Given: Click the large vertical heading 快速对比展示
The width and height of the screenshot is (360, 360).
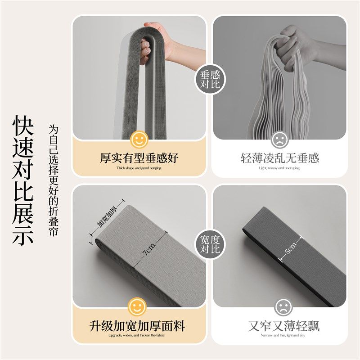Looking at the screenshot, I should (x=23, y=180).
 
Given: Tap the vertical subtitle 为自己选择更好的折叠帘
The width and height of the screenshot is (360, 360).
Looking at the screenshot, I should (x=54, y=180).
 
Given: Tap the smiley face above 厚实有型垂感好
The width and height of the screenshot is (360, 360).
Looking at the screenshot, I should (x=139, y=139).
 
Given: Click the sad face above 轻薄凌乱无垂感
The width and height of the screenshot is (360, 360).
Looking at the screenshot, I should (x=279, y=139).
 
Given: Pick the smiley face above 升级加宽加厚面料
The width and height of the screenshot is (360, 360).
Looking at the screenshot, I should (x=139, y=307).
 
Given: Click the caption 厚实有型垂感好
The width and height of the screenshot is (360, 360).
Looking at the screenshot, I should (x=139, y=158).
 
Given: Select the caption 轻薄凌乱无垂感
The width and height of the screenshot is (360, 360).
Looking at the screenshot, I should (x=279, y=158).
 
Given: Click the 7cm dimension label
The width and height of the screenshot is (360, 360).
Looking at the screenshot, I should (x=148, y=248).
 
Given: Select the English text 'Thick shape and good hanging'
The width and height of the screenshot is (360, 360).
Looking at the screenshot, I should (x=139, y=168).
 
